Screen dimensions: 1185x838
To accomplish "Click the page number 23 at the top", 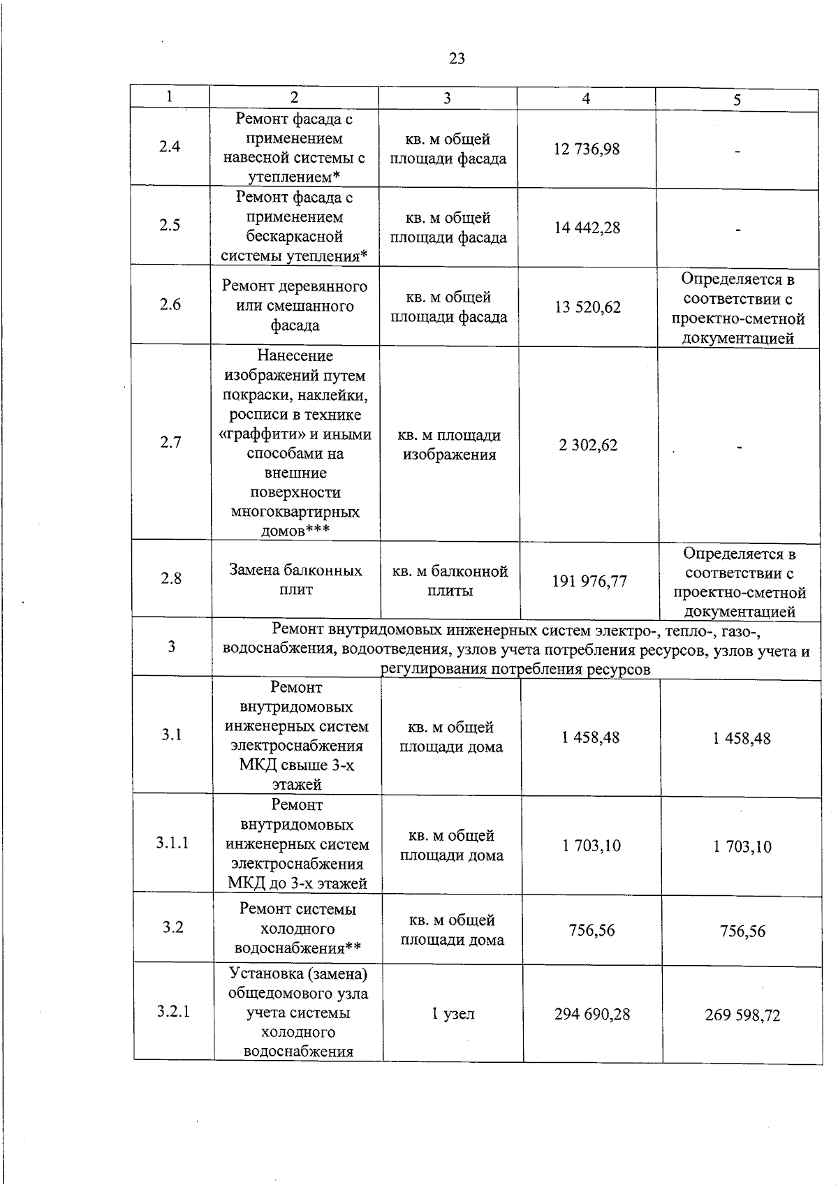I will pyautogui.click(x=457, y=59).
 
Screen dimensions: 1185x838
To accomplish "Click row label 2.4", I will pyautogui.click(x=170, y=147).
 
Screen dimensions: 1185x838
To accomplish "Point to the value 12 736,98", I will pyautogui.click(x=587, y=149).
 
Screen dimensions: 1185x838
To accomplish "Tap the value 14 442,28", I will pyautogui.click(x=587, y=228).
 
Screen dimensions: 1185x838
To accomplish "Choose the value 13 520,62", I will pyautogui.click(x=588, y=307).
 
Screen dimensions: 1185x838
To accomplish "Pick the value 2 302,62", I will pyautogui.click(x=588, y=446).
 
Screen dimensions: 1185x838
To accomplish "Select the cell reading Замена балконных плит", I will pyautogui.click(x=296, y=580).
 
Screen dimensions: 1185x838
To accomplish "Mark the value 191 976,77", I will pyautogui.click(x=589, y=581).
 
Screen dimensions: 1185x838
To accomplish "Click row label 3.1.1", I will pyautogui.click(x=172, y=843).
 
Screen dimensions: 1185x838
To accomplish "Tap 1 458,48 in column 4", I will pyautogui.click(x=591, y=737).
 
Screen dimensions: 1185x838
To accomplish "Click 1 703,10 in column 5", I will pyautogui.click(x=742, y=847).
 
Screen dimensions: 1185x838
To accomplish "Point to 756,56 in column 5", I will pyautogui.click(x=742, y=932).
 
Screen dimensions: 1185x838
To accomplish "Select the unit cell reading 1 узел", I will pyautogui.click(x=453, y=1014).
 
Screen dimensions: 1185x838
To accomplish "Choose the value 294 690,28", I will pyautogui.click(x=592, y=1014).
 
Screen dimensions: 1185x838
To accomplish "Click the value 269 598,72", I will pyautogui.click(x=742, y=1015).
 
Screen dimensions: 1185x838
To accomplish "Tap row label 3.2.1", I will pyautogui.click(x=173, y=1012).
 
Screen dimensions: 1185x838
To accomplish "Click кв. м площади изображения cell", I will pyautogui.click(x=449, y=445).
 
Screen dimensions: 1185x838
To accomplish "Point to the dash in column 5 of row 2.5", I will pyautogui.click(x=737, y=229).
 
